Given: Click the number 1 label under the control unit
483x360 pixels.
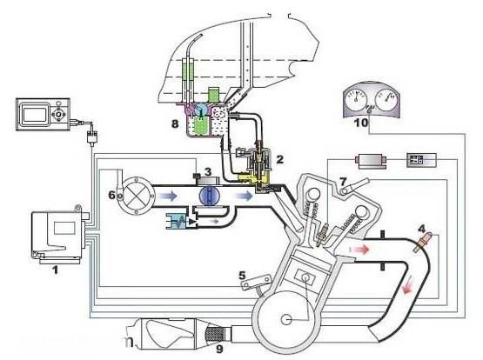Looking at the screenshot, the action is [x=55, y=270].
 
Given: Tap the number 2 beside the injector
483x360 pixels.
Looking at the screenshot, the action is [x=279, y=159].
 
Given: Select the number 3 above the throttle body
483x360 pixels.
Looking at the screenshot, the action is [x=209, y=171].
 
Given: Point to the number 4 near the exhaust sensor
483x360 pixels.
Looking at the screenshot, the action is [x=422, y=229].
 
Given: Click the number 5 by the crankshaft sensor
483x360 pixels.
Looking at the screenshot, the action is [x=243, y=275].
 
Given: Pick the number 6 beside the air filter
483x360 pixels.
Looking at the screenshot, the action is [x=112, y=195].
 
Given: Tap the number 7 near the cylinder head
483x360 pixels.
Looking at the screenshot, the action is [x=344, y=181].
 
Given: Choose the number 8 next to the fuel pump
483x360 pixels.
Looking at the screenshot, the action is [x=175, y=124].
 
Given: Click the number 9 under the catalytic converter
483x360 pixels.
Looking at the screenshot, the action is [x=219, y=349].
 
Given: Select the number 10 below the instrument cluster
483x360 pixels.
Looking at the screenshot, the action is [x=361, y=123].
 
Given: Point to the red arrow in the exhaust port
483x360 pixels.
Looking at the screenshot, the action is [x=359, y=250].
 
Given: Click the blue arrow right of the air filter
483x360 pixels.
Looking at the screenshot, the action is [x=168, y=196].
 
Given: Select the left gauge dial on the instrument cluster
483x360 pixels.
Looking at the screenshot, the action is [x=357, y=99].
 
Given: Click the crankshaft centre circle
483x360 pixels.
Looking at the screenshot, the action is [x=286, y=320].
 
